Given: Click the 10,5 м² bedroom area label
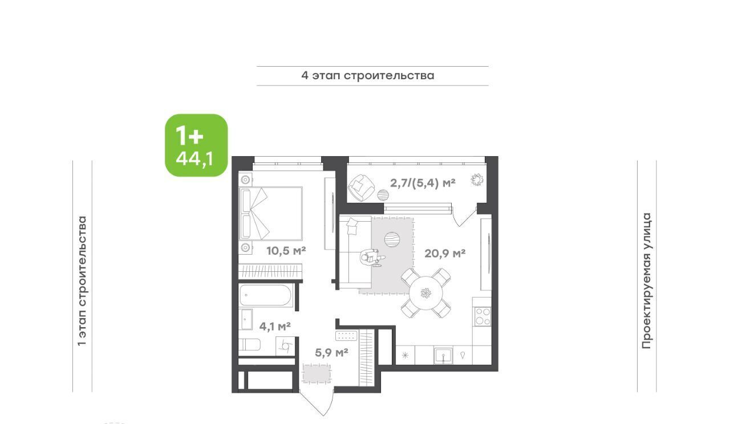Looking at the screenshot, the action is (x=286, y=251).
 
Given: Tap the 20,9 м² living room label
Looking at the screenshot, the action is (x=445, y=253).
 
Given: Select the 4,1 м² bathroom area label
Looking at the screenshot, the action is (x=275, y=326).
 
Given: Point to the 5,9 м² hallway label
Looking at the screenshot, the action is (x=331, y=352).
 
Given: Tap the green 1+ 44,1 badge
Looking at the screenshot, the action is (x=196, y=145).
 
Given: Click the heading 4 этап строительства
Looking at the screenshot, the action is (x=368, y=76).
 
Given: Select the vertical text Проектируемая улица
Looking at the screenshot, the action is (x=647, y=281).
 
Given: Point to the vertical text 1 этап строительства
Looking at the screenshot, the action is (x=82, y=281).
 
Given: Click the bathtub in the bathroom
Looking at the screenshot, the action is (x=265, y=295).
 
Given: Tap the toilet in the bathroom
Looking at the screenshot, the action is (x=249, y=344).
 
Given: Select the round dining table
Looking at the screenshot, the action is (x=425, y=293).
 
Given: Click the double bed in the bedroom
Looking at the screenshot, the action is (x=270, y=214).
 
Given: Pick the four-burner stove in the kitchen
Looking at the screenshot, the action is (x=482, y=316).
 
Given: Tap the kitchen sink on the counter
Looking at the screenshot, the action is (x=443, y=355).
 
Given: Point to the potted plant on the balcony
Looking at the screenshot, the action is (x=477, y=180).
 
